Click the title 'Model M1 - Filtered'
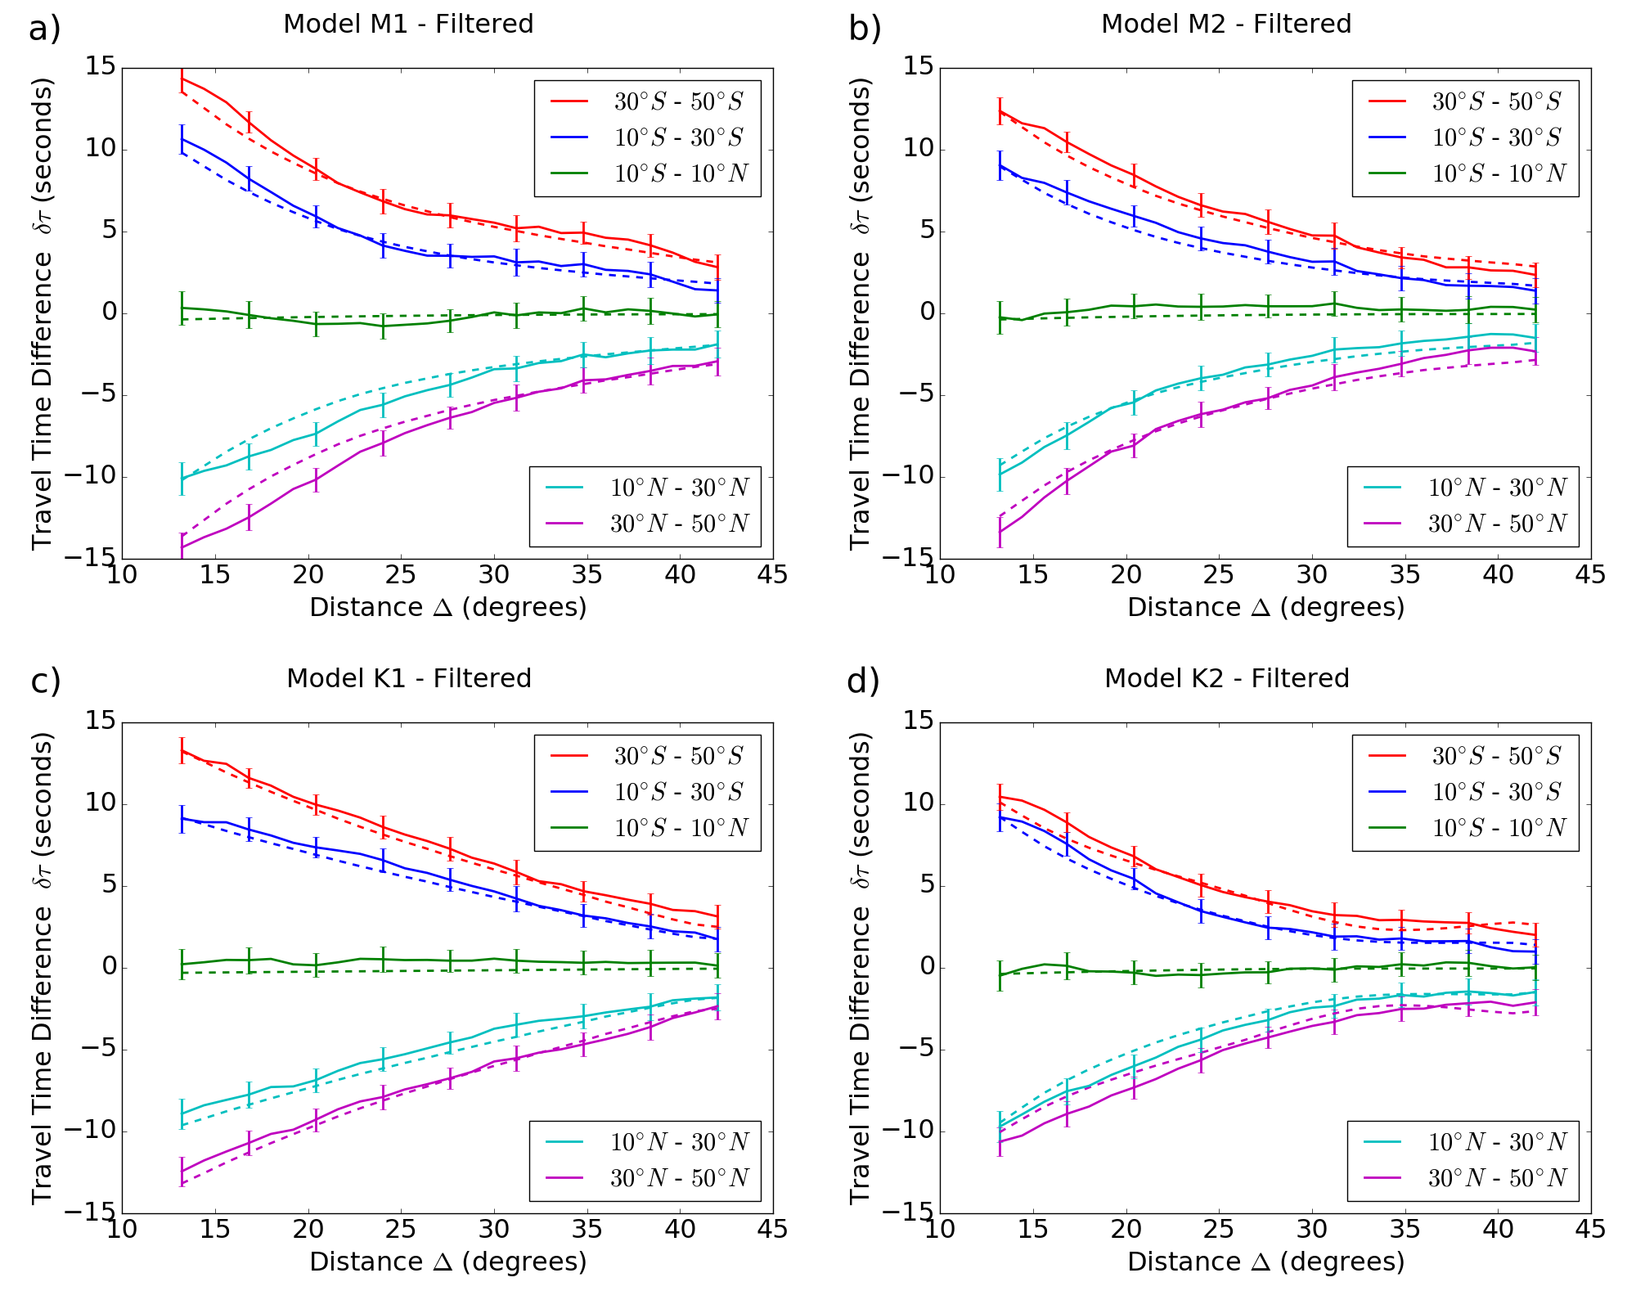pos(408,24)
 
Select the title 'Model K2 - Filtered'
pos(1226,678)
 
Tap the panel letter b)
pos(865,29)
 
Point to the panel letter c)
pos(46,681)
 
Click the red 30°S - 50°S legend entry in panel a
pos(646,101)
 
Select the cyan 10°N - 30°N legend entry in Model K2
pos(1464,1142)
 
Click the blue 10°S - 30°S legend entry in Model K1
pos(646,792)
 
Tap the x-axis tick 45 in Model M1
pos(772,575)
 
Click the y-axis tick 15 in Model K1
pos(101,721)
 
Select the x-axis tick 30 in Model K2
pos(1311,1230)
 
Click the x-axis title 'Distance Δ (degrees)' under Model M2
pos(1265,608)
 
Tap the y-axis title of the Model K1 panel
pos(43,968)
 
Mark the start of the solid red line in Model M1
pos(182,79)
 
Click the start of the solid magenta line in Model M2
pos(1000,532)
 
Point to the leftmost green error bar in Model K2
pos(1000,975)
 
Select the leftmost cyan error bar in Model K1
pos(182,1113)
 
